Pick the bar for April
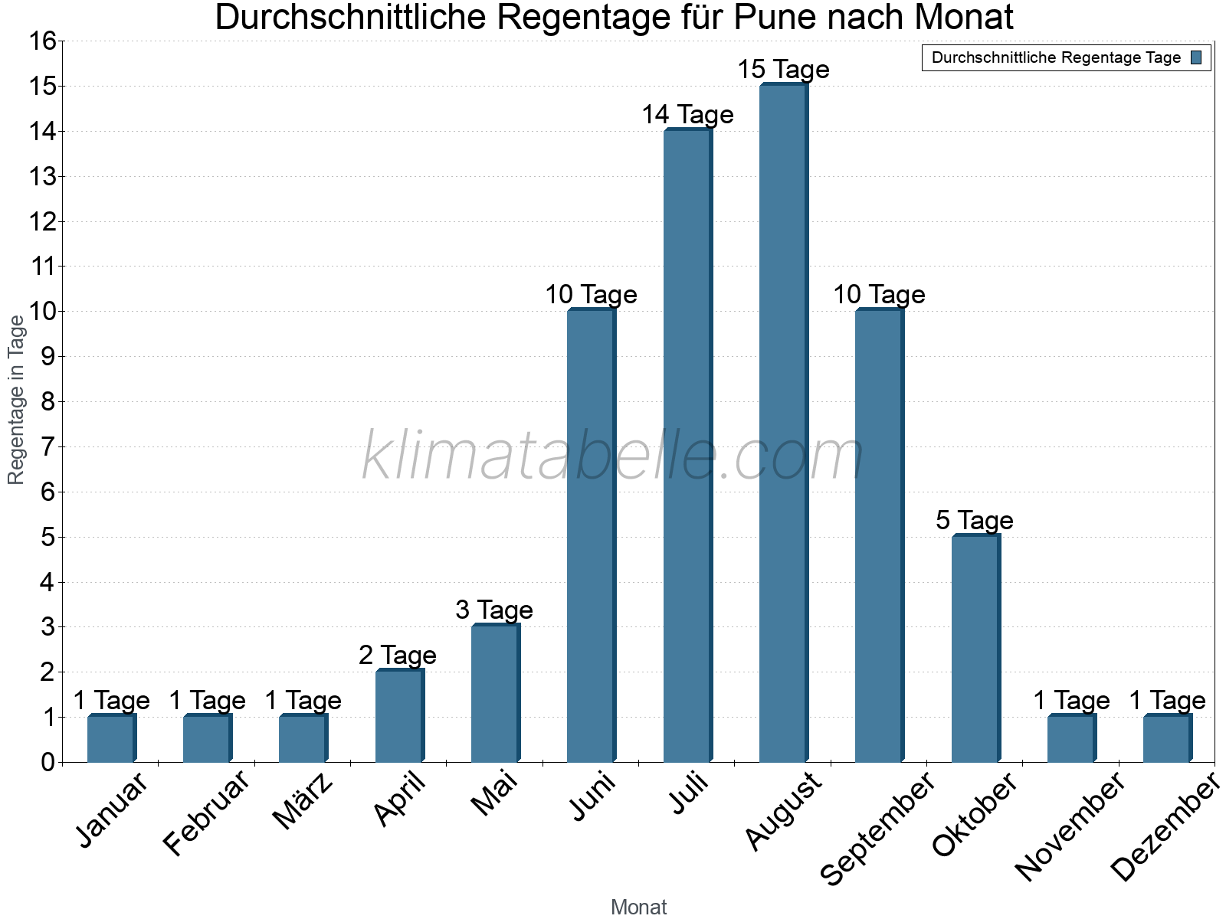coord(399,716)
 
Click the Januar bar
coord(111,739)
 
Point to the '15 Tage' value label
coord(783,70)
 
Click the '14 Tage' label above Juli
coord(687,115)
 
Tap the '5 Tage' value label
coord(975,521)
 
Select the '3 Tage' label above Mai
coord(494,610)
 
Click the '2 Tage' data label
coord(398,656)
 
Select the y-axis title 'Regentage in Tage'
coord(17,400)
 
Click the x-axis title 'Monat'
coord(638,907)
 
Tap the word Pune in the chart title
coord(773,17)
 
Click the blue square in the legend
coord(1196,57)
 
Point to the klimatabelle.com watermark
coord(613,456)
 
